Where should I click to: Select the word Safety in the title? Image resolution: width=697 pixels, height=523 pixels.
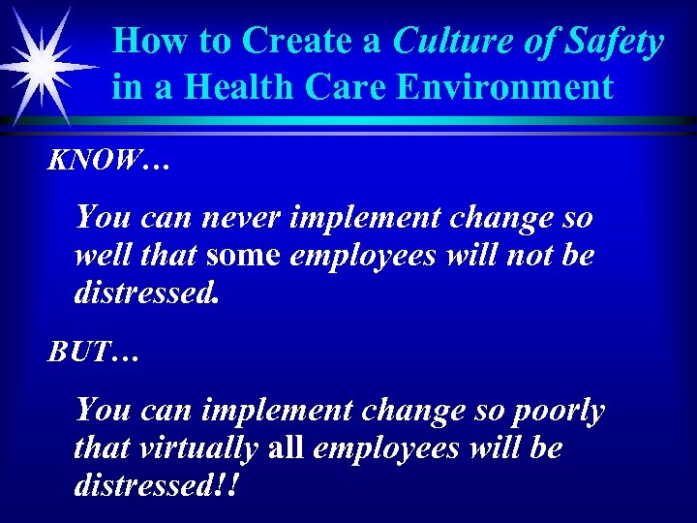click(616, 43)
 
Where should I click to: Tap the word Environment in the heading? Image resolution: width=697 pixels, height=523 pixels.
click(508, 87)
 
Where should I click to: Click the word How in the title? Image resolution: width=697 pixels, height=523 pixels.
click(142, 42)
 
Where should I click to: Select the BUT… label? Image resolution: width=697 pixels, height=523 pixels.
click(95, 353)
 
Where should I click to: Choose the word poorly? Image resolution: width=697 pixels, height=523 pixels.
click(555, 411)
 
